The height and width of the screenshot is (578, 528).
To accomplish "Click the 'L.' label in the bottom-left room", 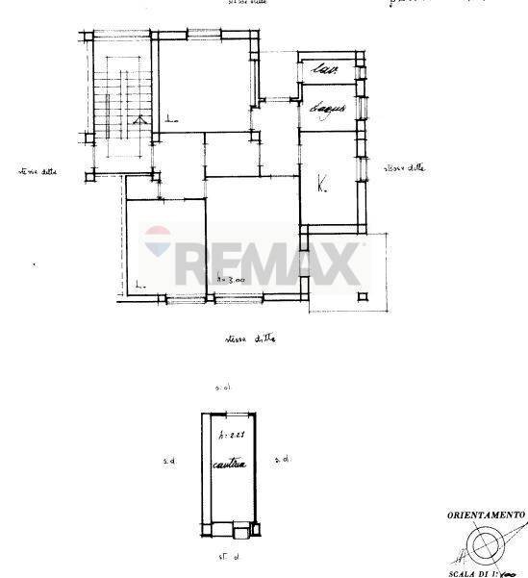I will coord(139,284).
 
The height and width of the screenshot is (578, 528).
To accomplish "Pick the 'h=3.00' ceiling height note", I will coord(231,279).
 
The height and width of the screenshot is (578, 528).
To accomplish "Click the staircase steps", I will coord(122,106).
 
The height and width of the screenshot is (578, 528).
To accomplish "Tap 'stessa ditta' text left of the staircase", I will coord(38,172).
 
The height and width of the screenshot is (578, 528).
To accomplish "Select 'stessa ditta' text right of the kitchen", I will coord(404,168).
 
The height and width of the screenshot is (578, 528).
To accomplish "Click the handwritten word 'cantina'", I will coord(231,466).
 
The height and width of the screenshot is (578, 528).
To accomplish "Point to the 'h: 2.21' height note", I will coord(231,435).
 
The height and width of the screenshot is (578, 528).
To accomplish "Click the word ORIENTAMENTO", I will coord(485,515).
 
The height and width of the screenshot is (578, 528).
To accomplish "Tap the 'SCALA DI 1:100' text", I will coord(488,572).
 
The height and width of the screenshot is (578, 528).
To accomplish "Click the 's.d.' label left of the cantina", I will coord(169,463).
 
